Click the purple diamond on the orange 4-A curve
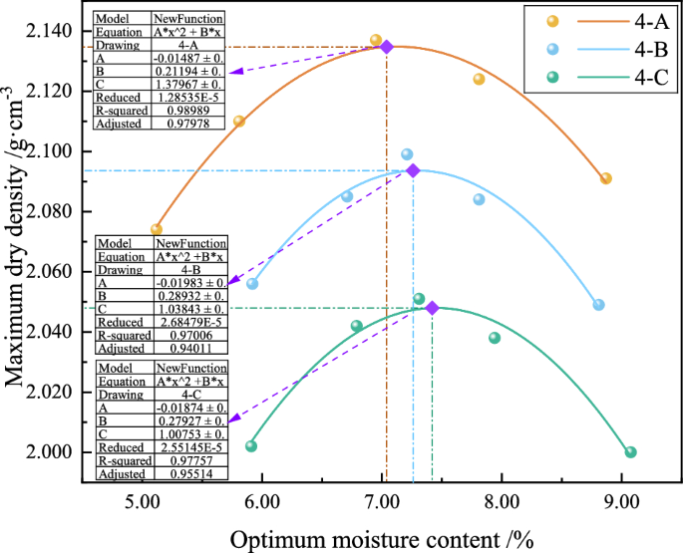click(387, 46)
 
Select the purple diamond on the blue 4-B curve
click(413, 170)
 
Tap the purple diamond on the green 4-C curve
click(432, 308)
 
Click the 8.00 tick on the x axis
click(502, 499)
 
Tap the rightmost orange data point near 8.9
click(605, 178)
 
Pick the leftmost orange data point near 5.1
click(157, 229)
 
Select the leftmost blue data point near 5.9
click(252, 284)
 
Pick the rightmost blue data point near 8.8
click(598, 305)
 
